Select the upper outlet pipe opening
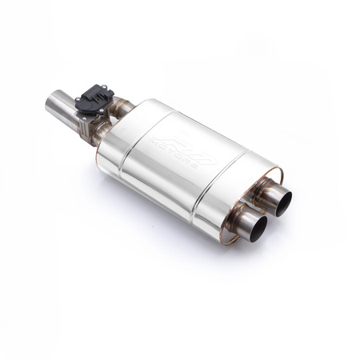tap(282, 201)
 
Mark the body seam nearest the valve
tap(133, 134)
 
